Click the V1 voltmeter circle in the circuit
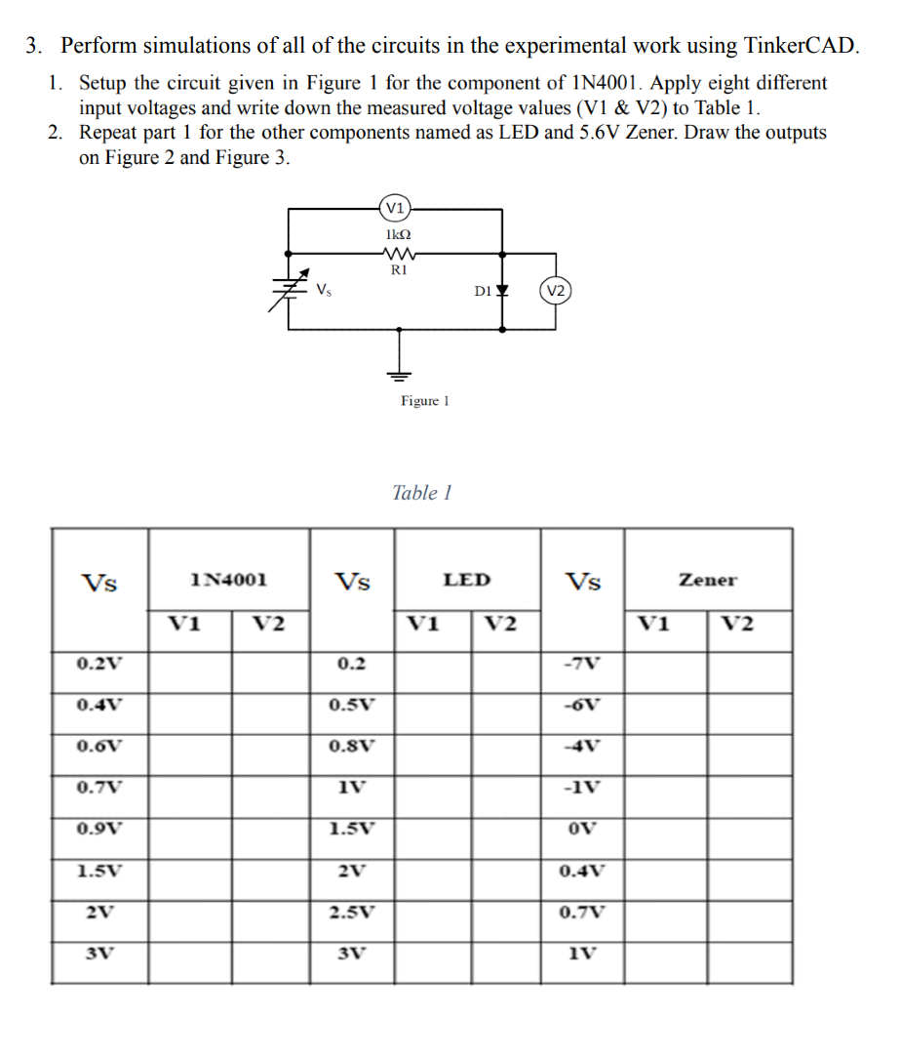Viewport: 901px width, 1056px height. pyautogui.click(x=395, y=207)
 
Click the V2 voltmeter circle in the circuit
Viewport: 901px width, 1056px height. pyautogui.click(x=555, y=291)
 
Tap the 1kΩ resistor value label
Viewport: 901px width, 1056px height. pyautogui.click(x=398, y=235)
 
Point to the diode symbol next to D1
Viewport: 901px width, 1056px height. pyautogui.click(x=502, y=291)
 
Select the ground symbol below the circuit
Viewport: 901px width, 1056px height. pyautogui.click(x=398, y=373)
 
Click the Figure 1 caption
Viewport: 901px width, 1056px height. pyautogui.click(x=424, y=401)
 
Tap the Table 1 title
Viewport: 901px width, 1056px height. pyautogui.click(x=421, y=493)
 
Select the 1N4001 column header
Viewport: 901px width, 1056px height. pyautogui.click(x=229, y=580)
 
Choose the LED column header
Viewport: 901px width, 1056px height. pyautogui.click(x=467, y=580)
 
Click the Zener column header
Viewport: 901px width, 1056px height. pyautogui.click(x=708, y=580)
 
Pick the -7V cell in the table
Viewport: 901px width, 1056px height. pyautogui.click(x=583, y=664)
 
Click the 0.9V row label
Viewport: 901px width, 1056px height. pyautogui.click(x=99, y=829)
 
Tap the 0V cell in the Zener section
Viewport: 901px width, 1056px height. pyautogui.click(x=583, y=829)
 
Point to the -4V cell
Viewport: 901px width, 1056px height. pyautogui.click(x=583, y=746)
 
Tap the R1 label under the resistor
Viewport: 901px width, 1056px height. pyautogui.click(x=398, y=270)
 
